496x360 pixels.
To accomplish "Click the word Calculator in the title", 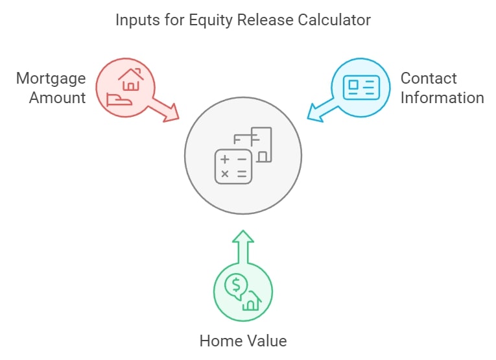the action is click(x=334, y=20).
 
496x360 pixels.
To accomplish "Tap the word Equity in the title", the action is click(x=210, y=21).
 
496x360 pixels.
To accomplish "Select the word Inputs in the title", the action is click(x=137, y=21).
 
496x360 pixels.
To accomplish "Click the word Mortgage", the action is click(x=51, y=78).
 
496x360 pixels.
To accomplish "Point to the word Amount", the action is click(x=58, y=97).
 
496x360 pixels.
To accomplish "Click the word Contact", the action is click(x=429, y=78).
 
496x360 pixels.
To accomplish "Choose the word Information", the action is click(x=442, y=97).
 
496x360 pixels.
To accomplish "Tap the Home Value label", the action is click(x=243, y=341).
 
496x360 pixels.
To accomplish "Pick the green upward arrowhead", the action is click(x=243, y=237).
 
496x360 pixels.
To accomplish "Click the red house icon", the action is click(x=131, y=79).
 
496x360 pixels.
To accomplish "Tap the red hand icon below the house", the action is click(x=119, y=99).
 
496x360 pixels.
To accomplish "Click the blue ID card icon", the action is click(x=361, y=88).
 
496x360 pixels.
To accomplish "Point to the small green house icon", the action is click(x=252, y=301).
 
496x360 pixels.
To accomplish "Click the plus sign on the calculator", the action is click(x=225, y=159).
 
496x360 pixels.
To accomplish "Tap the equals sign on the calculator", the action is click(x=242, y=174).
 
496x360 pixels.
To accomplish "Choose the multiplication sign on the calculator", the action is click(x=225, y=174).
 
